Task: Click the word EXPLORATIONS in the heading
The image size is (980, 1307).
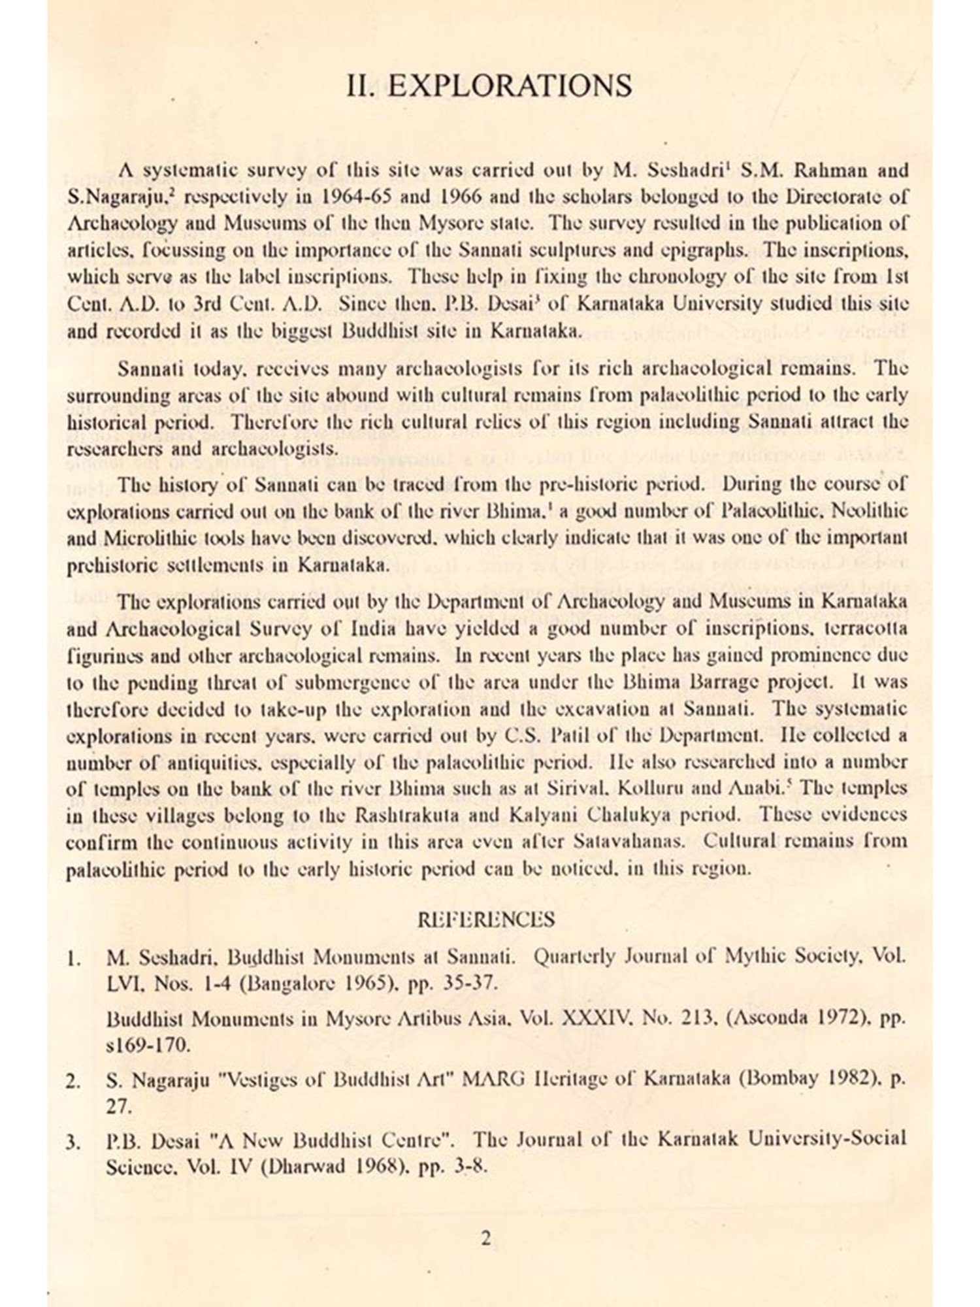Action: (x=509, y=86)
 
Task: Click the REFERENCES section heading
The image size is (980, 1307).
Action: (x=485, y=920)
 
